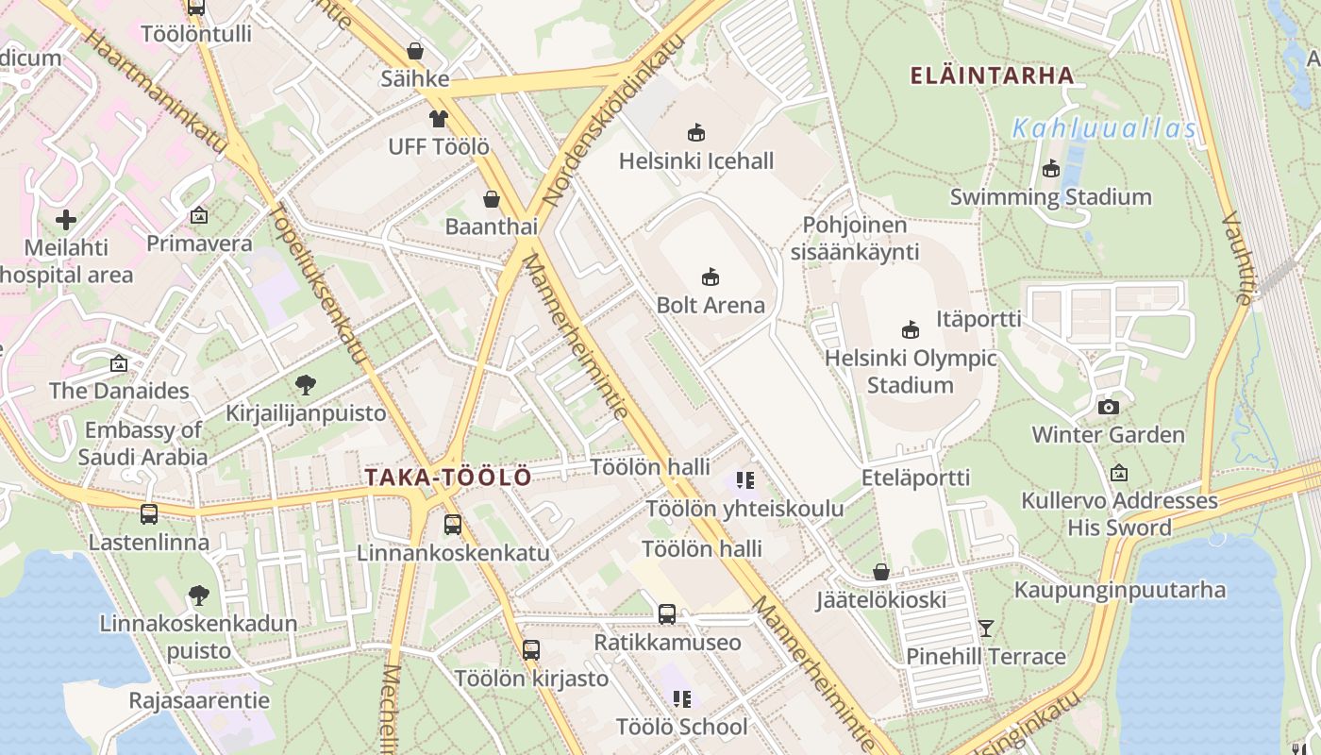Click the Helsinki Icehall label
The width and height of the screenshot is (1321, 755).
[x=696, y=161]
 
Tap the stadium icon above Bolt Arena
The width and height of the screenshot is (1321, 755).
[x=711, y=277]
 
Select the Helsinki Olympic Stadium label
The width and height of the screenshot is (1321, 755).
[x=911, y=372]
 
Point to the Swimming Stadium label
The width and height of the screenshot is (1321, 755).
[x=1050, y=197]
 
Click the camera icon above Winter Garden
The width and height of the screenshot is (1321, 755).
[x=1109, y=407]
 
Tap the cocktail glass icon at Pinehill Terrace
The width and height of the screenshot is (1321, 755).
[x=986, y=628]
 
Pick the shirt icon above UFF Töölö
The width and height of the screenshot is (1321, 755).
[x=439, y=118]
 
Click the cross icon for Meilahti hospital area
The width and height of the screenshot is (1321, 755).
[x=66, y=221]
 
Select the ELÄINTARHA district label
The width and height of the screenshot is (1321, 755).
[x=992, y=75]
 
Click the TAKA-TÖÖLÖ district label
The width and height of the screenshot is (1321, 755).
[x=448, y=478]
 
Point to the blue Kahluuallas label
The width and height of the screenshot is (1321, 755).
[x=1104, y=129]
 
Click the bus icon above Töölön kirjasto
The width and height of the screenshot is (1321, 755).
[x=531, y=649]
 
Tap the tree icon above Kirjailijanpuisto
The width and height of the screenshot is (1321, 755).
[x=305, y=384]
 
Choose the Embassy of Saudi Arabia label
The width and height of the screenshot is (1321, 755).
[x=142, y=444]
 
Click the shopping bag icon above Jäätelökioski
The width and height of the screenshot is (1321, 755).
[x=880, y=572]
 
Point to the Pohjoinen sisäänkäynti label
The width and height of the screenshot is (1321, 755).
[x=855, y=239]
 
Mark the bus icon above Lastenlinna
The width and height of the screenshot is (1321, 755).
[x=149, y=514]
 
